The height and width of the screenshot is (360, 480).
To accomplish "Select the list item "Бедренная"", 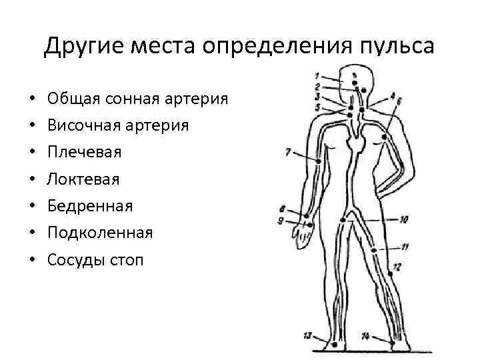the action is pyautogui.click(x=90, y=206).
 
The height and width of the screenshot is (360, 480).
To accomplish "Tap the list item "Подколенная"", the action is pyautogui.click(x=100, y=233).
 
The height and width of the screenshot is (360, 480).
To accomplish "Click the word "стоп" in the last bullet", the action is pyautogui.click(x=125, y=259).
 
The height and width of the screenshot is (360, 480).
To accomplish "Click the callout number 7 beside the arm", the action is pyautogui.click(x=287, y=152).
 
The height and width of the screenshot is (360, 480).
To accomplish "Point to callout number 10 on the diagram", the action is pyautogui.click(x=405, y=218).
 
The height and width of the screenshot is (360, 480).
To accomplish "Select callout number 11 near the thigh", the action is pyautogui.click(x=405, y=246).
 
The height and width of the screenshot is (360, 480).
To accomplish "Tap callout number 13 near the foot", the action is pyautogui.click(x=307, y=335).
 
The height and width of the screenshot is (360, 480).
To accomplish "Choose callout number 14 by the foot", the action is pyautogui.click(x=365, y=335).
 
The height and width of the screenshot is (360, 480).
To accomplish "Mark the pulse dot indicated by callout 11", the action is pyautogui.click(x=374, y=250).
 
